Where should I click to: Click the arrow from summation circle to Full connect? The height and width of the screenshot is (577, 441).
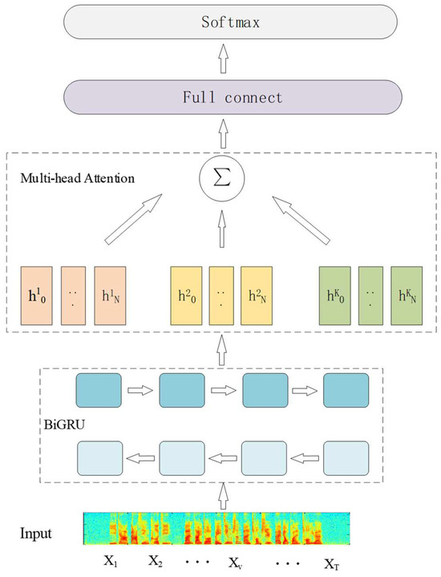click(220, 132)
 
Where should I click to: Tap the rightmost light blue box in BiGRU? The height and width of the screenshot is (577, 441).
click(347, 460)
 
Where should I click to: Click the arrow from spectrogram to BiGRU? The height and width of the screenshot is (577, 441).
click(220, 496)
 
